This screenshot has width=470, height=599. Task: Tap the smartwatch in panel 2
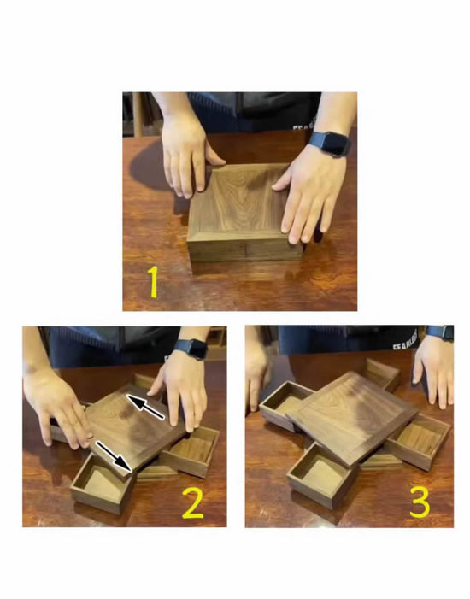(x=190, y=349)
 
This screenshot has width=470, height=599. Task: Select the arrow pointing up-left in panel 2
(x=145, y=406)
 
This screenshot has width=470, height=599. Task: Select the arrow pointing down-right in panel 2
(x=113, y=455)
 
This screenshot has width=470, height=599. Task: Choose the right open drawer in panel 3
(x=417, y=439)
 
